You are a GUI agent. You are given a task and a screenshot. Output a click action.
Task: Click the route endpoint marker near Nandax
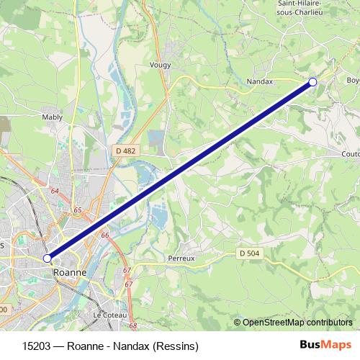(312, 82)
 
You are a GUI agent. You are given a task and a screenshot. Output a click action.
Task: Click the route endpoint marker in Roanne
(48, 258)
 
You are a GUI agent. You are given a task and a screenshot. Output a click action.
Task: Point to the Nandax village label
(260, 82)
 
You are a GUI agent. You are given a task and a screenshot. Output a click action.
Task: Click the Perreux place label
(181, 258)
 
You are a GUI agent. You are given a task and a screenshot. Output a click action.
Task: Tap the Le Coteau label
(109, 315)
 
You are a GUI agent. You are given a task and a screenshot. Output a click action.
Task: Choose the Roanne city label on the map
(70, 273)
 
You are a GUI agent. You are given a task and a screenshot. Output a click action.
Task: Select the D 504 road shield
(248, 253)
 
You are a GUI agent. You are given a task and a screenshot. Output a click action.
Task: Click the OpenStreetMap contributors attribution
(297, 323)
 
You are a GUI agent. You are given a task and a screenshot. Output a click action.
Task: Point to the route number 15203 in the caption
(37, 345)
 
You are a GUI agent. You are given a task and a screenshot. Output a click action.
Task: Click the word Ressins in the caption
(174, 345)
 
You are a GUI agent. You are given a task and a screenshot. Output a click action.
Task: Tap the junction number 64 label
(55, 191)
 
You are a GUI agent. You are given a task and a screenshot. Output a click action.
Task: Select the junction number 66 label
(105, 235)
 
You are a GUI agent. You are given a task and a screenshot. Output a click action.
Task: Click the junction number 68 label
(132, 325)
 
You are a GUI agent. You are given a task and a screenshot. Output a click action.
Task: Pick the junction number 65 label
(78, 210)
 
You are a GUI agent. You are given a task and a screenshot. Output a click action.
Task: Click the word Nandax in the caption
(131, 345)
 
